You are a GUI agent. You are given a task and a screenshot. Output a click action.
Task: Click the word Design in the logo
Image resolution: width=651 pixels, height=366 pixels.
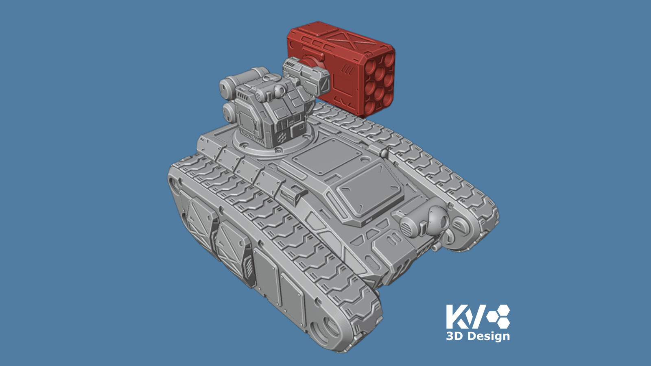pos(488,336)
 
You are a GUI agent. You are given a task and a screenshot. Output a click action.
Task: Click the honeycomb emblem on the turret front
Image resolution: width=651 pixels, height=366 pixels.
pos(281,138)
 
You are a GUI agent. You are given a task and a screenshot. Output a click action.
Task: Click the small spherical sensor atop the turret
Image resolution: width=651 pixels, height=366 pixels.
pos(280,89)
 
